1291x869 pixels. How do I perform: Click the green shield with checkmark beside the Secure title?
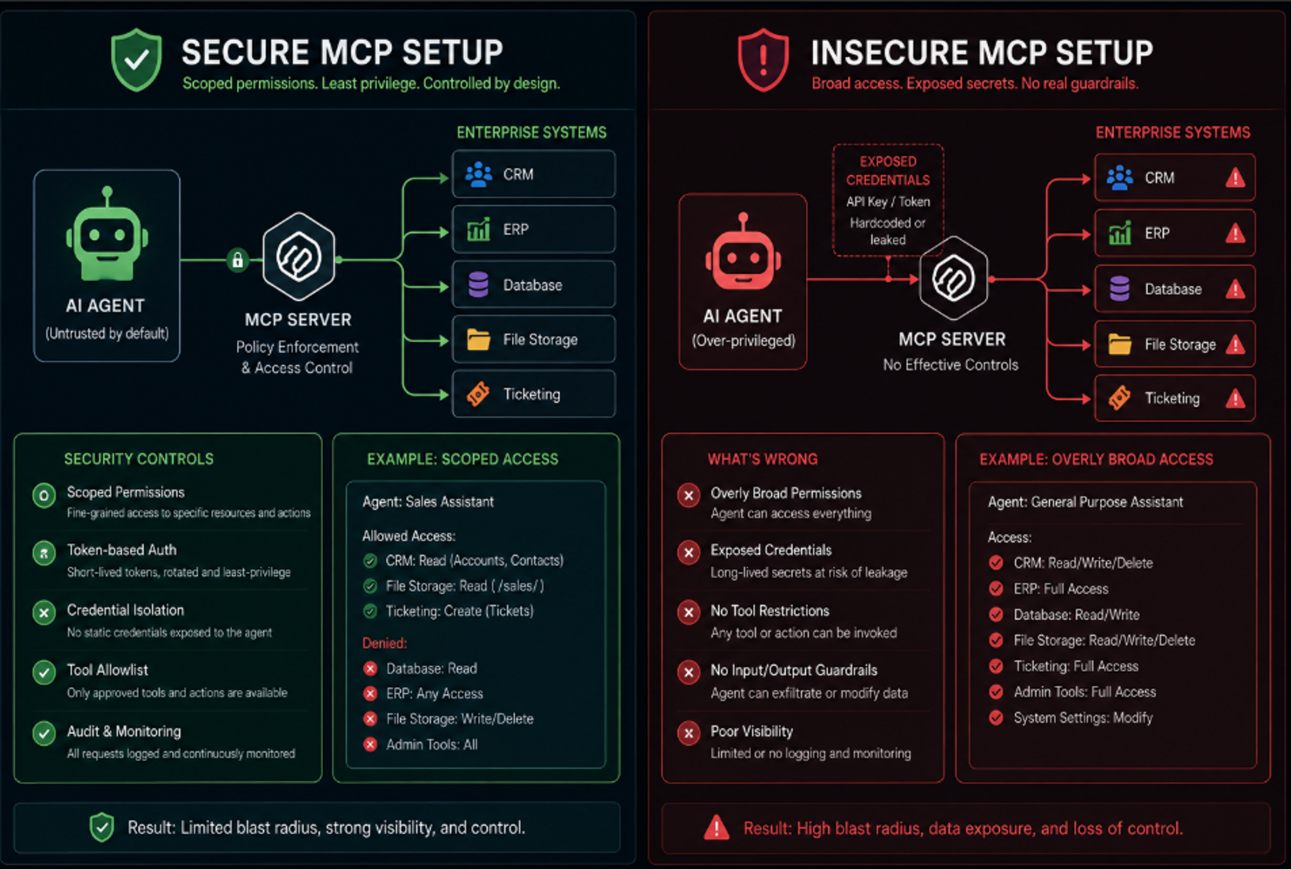click(136, 60)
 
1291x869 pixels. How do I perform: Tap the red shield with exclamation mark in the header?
click(763, 60)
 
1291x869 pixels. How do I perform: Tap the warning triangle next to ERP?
click(1235, 233)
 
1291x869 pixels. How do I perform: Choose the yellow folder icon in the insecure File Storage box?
click(1119, 344)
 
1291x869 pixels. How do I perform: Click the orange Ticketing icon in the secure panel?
click(478, 394)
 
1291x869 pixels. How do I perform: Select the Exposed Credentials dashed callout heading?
click(888, 171)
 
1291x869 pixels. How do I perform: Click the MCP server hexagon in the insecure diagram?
click(953, 278)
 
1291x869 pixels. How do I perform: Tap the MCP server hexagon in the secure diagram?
click(299, 257)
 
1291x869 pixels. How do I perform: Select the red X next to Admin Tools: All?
click(370, 744)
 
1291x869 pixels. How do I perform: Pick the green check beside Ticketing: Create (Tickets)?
click(370, 611)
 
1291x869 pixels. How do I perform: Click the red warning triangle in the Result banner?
click(716, 827)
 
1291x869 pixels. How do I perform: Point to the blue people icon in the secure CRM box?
click(478, 175)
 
